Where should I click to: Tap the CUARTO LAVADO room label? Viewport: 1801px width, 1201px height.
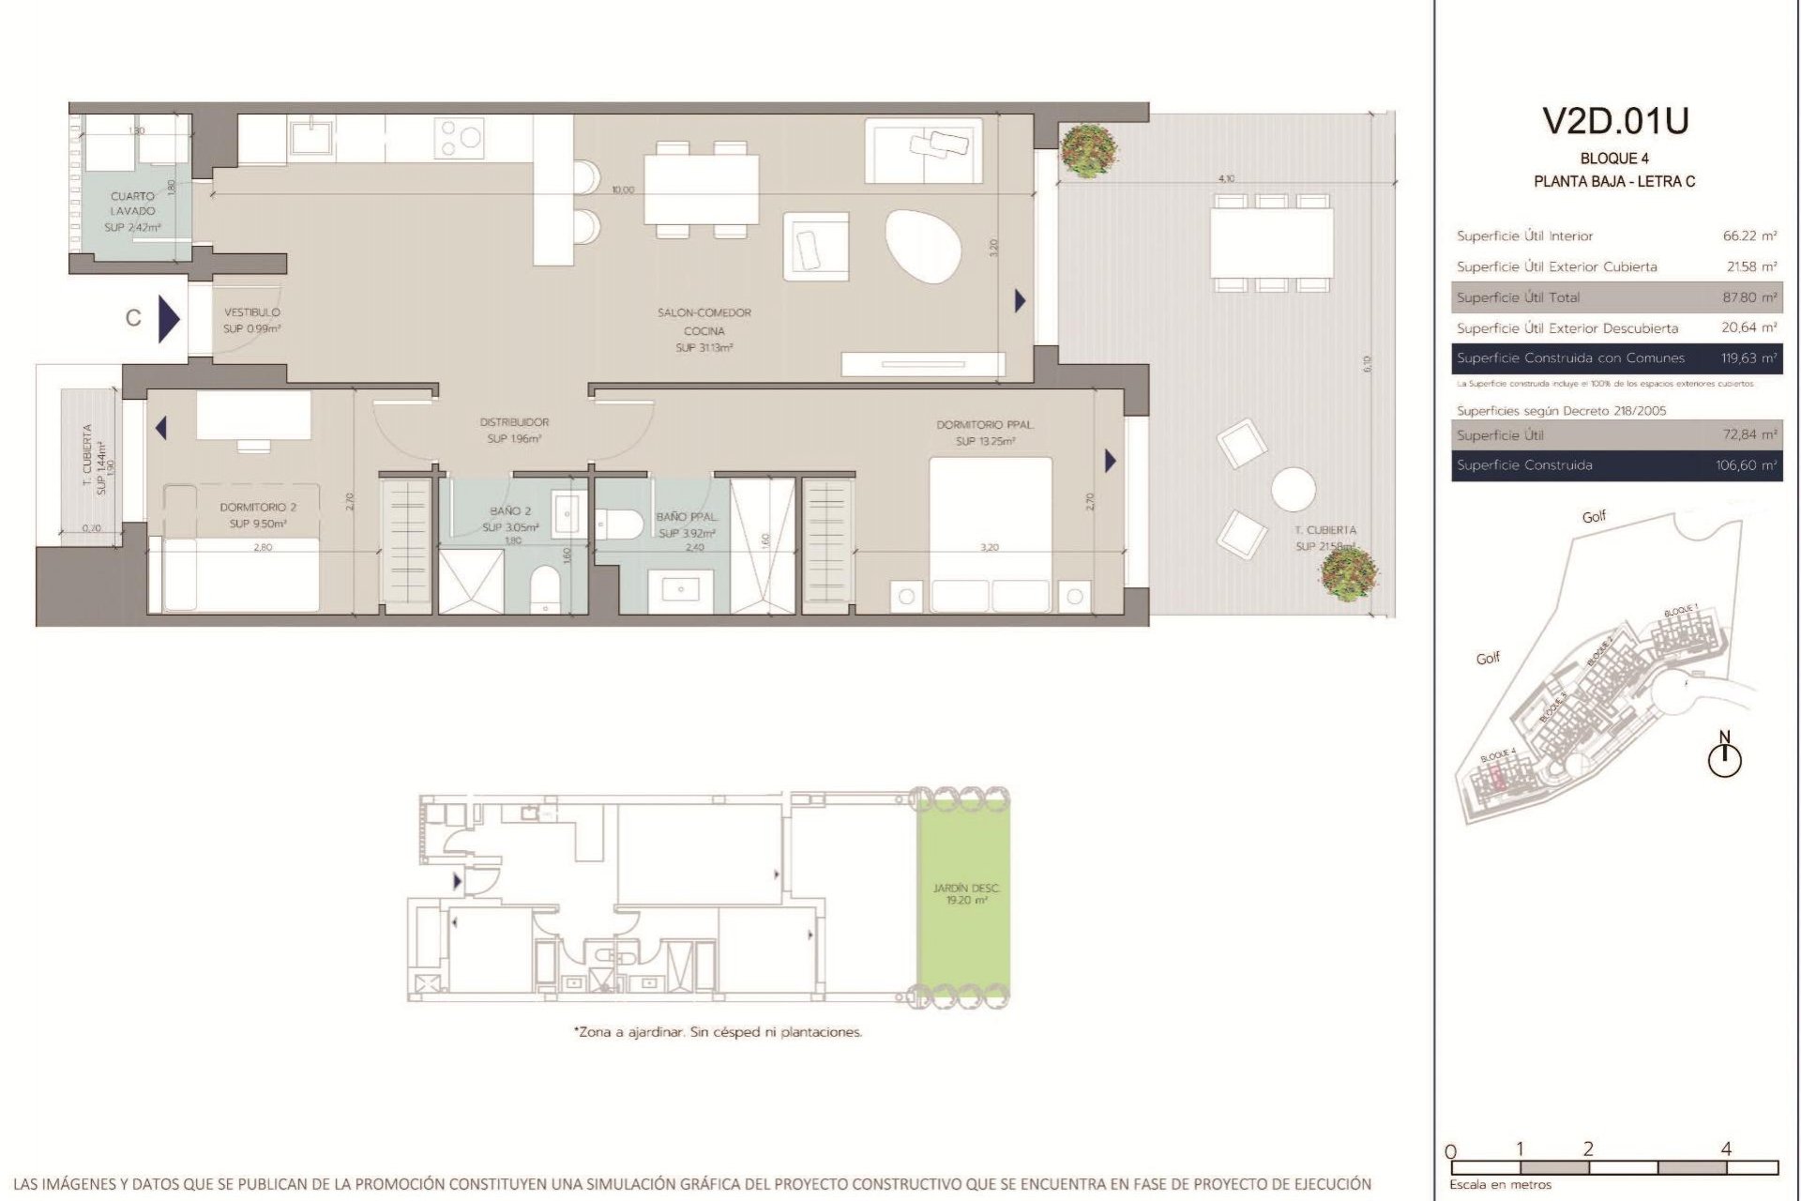[x=132, y=204]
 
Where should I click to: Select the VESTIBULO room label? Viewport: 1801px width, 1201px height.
[x=251, y=312]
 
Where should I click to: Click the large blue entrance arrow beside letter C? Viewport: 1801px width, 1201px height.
[x=169, y=318]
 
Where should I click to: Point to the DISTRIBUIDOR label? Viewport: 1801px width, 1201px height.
[x=513, y=422]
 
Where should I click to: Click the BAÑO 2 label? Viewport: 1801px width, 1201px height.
[x=510, y=511]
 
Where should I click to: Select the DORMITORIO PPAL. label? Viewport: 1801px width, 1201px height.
[x=984, y=425]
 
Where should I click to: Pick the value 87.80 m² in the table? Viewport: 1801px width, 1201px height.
[x=1749, y=297]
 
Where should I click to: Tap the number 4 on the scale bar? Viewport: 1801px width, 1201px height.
[x=1726, y=1148]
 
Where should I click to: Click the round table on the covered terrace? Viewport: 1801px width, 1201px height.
[x=1294, y=489]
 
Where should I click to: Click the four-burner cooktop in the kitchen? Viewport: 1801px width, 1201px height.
[x=459, y=137]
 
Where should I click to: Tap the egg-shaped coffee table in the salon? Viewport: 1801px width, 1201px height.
[x=923, y=245]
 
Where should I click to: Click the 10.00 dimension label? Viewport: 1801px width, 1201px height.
[x=623, y=190]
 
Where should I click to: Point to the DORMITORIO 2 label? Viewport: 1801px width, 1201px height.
[x=258, y=508]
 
